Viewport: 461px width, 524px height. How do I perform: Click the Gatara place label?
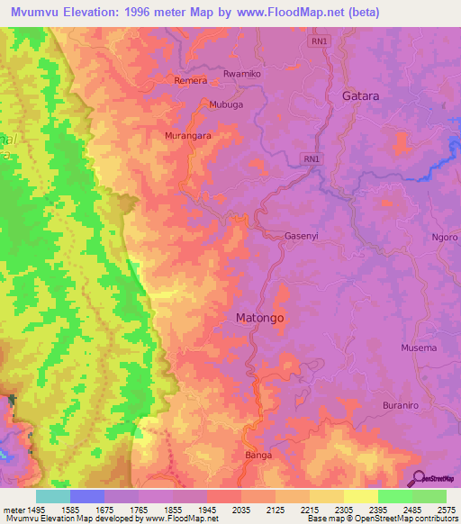(x=360, y=95)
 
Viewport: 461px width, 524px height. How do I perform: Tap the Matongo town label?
(x=259, y=319)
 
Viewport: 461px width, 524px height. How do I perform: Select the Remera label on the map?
(x=190, y=80)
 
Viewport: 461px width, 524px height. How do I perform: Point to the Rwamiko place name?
(x=240, y=73)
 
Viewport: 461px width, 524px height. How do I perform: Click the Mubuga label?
(x=226, y=104)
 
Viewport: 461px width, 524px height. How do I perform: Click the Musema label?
(x=419, y=348)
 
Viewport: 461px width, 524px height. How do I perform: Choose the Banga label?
(x=258, y=456)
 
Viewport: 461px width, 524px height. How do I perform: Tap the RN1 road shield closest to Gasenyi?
(x=312, y=159)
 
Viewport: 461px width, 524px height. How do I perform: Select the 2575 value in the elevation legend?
(x=447, y=509)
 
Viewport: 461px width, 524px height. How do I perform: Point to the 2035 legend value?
(x=241, y=509)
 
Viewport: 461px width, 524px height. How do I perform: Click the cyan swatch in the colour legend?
(x=53, y=496)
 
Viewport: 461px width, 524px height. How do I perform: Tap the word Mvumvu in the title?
(x=37, y=13)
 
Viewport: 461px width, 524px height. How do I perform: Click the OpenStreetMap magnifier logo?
(x=417, y=478)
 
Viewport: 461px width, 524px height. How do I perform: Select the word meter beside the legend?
(x=13, y=509)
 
